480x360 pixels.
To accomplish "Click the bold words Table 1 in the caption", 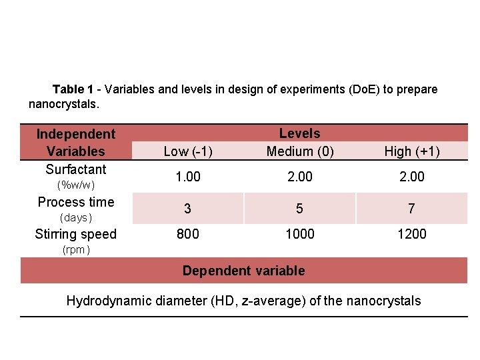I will tap(73, 89).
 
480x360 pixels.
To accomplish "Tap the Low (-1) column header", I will tap(188, 151).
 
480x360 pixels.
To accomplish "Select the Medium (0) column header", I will tap(300, 151).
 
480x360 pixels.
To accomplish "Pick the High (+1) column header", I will tap(411, 151).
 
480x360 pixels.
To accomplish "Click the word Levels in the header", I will tap(300, 134).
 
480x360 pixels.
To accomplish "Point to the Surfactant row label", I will tap(76, 169).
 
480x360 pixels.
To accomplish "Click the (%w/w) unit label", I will tap(76, 185).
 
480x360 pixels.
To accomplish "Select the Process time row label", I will tap(76, 202).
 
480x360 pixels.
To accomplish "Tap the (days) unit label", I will tap(76, 218).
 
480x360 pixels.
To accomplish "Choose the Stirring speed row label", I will tap(76, 234).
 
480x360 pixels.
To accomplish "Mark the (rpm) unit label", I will tap(76, 251).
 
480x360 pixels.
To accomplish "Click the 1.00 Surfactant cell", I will tap(188, 177).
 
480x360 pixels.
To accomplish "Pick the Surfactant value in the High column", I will tap(411, 177).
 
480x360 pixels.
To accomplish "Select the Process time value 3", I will tap(188, 209).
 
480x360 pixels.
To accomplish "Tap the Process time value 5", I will tap(300, 209).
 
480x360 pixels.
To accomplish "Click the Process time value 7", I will tap(411, 209).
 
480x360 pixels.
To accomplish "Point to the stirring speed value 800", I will tap(188, 234).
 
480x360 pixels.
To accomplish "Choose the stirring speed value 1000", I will tap(300, 234).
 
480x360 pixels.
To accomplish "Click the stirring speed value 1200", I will tap(411, 234).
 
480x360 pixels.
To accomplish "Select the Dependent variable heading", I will tap(244, 271).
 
